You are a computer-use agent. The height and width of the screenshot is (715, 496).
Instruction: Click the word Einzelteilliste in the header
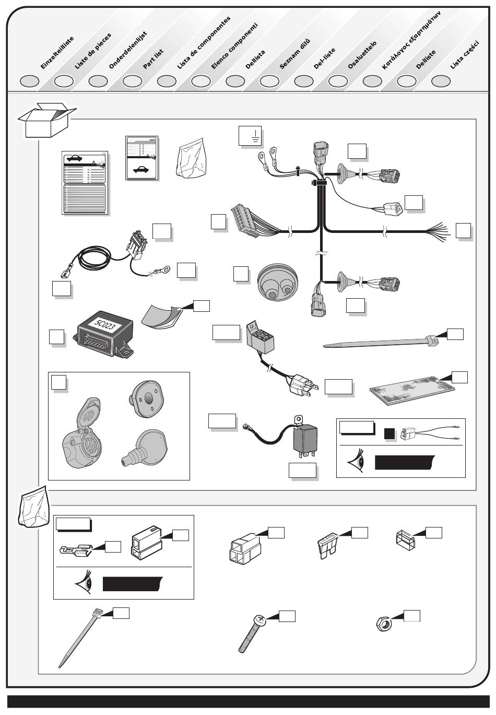pyautogui.click(x=57, y=53)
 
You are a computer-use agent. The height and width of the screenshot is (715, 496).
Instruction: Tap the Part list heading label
pyautogui.click(x=153, y=59)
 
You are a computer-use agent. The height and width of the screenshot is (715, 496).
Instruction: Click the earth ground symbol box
pyautogui.click(x=250, y=136)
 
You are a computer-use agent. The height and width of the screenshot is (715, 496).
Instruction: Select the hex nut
pyautogui.click(x=384, y=624)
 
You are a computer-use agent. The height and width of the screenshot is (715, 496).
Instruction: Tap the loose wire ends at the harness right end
pyautogui.click(x=438, y=230)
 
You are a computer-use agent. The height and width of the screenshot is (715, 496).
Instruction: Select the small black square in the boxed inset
pyautogui.click(x=389, y=433)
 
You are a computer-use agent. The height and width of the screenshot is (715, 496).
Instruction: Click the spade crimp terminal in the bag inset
pyautogui.click(x=76, y=550)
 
